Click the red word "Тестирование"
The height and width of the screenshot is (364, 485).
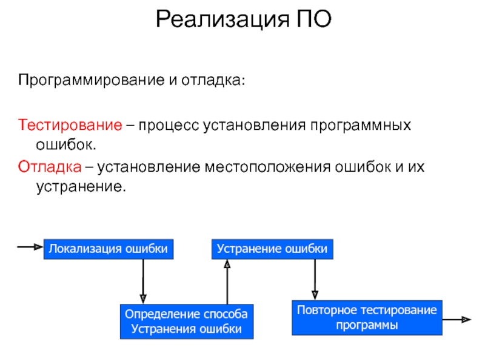[x=69, y=126]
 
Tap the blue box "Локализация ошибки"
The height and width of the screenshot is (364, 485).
[x=108, y=249]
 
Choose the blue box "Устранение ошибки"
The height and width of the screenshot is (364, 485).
[x=272, y=249]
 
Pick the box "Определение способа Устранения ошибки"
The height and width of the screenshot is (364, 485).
[x=186, y=322]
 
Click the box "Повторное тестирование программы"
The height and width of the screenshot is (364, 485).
[x=367, y=318]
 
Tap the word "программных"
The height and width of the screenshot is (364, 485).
[x=361, y=126]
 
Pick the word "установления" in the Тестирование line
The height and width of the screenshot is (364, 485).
[x=256, y=126]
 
